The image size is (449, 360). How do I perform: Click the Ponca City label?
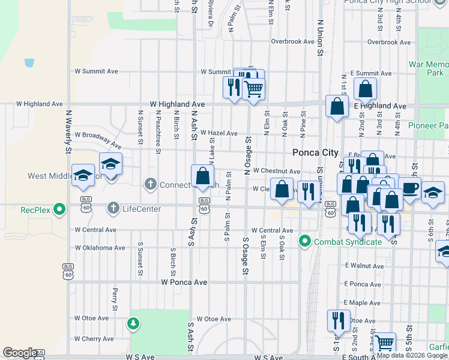[315, 152]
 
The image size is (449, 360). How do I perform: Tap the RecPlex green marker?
[59, 209]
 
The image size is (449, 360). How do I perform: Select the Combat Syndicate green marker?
[305, 242]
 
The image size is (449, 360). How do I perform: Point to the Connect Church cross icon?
[150, 184]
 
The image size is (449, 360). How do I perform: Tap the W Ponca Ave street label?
[184, 281]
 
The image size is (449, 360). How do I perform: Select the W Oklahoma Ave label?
[100, 247]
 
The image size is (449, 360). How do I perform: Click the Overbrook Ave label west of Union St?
[292, 41]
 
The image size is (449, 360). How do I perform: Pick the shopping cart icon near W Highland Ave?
[253, 88]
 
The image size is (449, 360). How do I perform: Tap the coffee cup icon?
[409, 187]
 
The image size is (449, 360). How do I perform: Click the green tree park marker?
[133, 324]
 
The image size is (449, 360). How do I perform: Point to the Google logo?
[19, 353]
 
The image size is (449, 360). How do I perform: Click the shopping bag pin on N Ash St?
[203, 176]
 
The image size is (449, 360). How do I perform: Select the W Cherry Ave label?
[94, 339]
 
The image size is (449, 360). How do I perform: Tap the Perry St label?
[114, 295]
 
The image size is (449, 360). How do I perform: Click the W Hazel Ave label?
[218, 133]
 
